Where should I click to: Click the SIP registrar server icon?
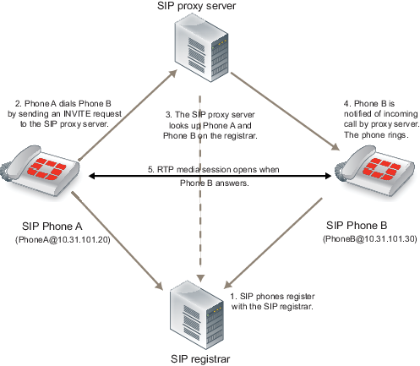(197, 315)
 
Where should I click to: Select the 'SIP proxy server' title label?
(196, 6)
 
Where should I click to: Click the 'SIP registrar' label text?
(200, 359)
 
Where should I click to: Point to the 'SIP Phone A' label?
(52, 227)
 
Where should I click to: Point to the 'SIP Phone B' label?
(357, 226)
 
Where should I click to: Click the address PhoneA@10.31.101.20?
(63, 240)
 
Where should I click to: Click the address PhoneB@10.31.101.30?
(369, 239)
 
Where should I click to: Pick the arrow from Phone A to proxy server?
(128, 115)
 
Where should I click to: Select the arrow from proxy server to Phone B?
(285, 112)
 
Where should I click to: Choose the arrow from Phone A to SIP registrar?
(117, 241)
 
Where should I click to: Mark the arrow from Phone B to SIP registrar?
(273, 243)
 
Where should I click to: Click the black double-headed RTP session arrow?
(210, 177)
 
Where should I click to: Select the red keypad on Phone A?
(48, 169)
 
